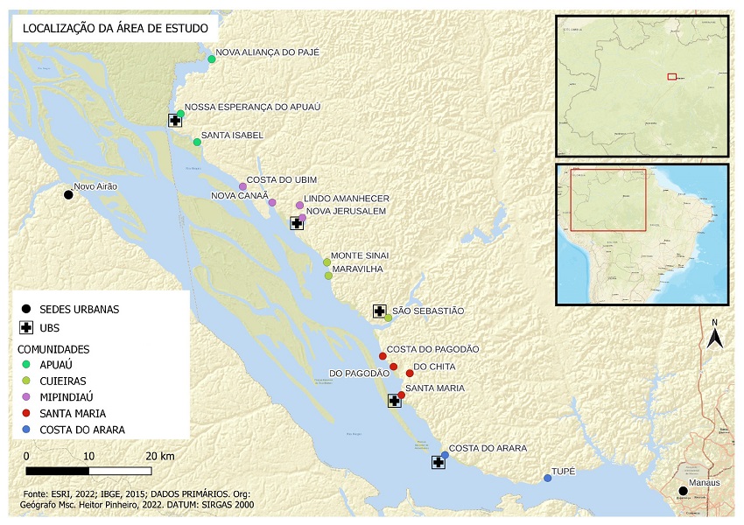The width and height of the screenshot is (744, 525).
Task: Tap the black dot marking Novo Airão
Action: [x=68, y=194]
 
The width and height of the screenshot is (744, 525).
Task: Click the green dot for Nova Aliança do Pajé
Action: [x=212, y=59]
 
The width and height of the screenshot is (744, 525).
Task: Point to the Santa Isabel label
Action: [x=232, y=136]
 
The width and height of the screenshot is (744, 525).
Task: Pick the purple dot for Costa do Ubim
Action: [x=242, y=186]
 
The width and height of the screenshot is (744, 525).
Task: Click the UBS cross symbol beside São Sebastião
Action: [x=379, y=311]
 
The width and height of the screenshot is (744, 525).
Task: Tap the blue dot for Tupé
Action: [x=547, y=478]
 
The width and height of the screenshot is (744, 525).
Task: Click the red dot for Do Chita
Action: [x=410, y=374]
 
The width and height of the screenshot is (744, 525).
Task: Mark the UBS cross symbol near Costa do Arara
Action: [x=438, y=462]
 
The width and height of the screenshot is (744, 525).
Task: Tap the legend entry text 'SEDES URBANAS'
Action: [x=80, y=309]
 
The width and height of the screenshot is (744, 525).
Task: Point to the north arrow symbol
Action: [x=714, y=336]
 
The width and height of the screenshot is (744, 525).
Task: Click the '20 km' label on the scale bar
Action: [x=159, y=456]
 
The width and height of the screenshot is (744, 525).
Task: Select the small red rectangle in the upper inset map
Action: [x=671, y=77]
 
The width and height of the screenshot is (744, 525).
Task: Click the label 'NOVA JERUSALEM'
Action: [x=347, y=211]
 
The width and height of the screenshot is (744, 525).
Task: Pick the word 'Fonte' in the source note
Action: [x=39, y=494]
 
